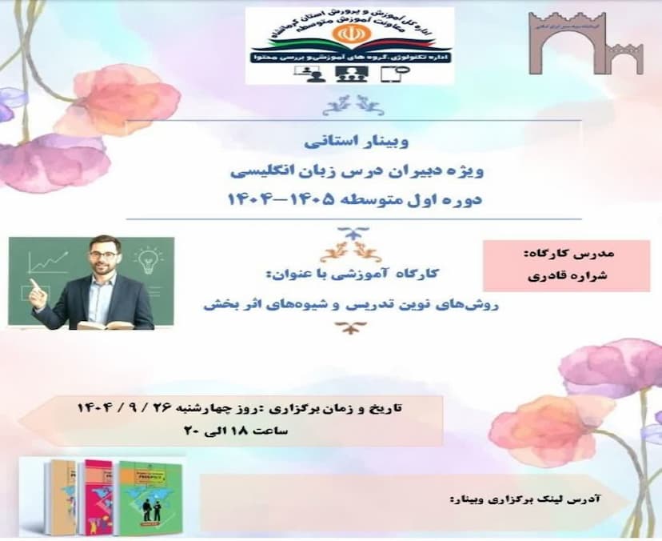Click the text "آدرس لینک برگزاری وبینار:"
[x=524, y=498]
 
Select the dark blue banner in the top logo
[x=349, y=58]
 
